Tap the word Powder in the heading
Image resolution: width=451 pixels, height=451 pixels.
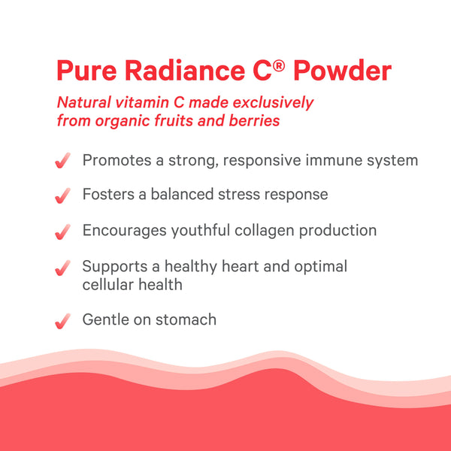343,71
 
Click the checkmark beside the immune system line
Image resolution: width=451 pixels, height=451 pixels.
63,161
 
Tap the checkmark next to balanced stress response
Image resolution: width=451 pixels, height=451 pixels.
63,195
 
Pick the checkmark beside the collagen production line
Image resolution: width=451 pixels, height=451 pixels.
63,231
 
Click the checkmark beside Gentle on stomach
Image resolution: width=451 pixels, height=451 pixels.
63,321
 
